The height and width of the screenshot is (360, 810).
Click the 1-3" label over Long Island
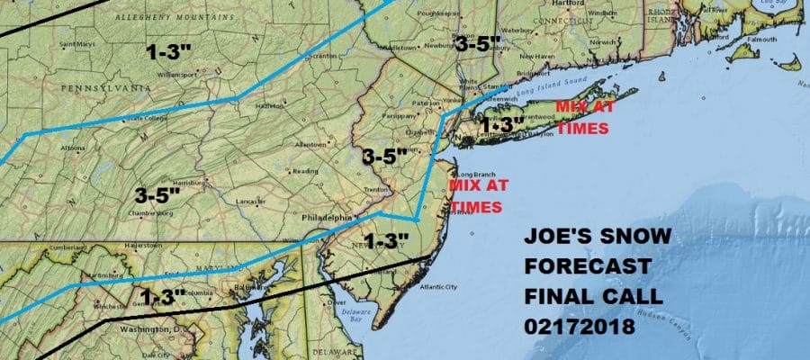501,124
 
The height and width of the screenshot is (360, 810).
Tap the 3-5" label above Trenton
385,156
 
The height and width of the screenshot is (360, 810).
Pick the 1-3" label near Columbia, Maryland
162,295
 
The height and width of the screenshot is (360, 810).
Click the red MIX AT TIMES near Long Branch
472,197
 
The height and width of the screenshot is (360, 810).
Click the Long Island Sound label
550,86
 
